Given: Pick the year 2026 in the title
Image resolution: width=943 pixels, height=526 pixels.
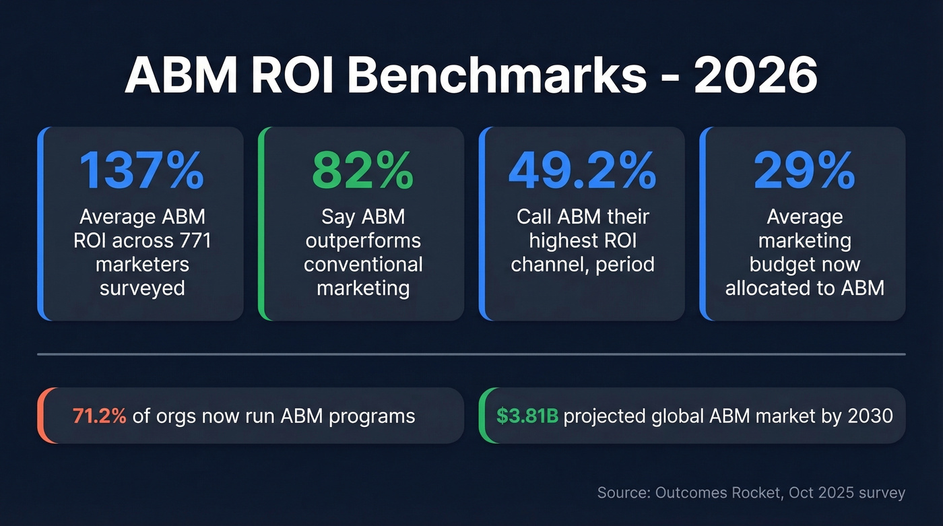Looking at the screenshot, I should point(756,76).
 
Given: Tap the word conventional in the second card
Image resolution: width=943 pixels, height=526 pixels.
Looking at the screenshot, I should point(363,264).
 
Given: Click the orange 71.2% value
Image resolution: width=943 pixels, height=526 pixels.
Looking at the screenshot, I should point(99,416).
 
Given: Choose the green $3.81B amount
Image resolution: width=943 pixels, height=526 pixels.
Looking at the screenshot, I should point(527,416).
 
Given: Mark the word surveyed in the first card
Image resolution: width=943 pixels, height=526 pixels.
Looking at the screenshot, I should point(142,288).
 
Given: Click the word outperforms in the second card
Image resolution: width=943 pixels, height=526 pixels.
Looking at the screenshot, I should point(362,240).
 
